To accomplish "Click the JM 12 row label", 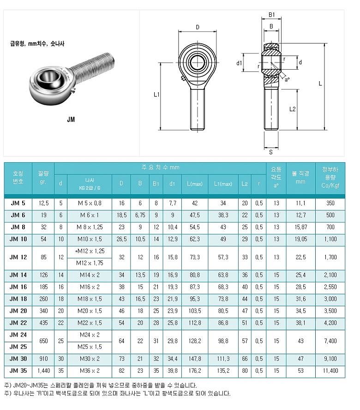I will tap(18, 257).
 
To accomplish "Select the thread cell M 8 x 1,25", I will tap(89, 227).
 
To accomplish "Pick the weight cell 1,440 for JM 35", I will tap(43, 371).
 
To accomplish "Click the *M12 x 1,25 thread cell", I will tap(89, 251).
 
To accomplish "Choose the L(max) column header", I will tap(194, 184).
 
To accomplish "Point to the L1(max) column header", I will tap(222, 184).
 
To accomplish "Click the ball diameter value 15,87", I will tap(300, 227).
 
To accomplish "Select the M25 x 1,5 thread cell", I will tap(89, 347).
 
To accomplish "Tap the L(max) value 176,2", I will tap(194, 371).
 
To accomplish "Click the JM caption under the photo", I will tap(71, 119).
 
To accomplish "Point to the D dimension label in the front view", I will tap(197, 27).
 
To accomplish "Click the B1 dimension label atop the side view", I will tap(272, 15).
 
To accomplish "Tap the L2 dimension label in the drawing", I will tap(292, 109).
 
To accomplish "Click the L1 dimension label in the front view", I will tap(156, 95).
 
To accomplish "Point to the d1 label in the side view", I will tap(239, 63).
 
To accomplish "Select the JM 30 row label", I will tap(18, 359).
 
